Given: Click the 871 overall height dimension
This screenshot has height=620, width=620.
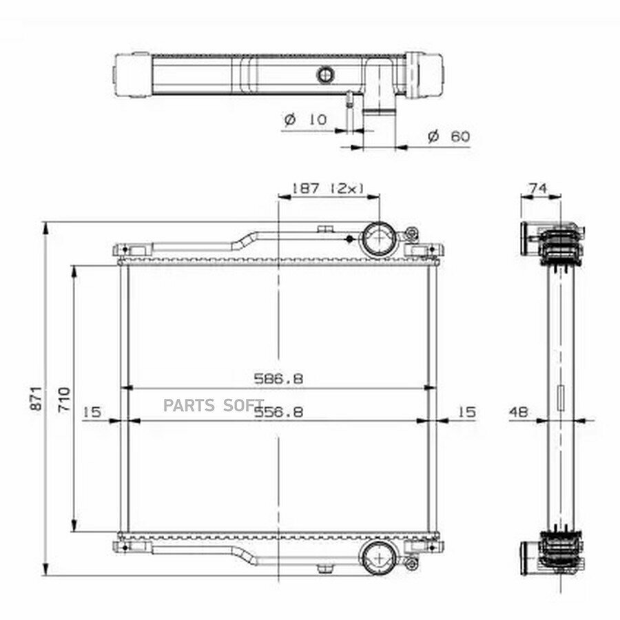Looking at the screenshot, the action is click(x=36, y=399).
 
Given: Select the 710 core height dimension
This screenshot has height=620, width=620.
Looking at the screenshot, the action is click(x=64, y=400).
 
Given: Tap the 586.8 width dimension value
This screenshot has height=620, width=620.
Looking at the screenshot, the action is click(x=278, y=379).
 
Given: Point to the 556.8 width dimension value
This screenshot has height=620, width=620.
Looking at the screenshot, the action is click(x=278, y=413).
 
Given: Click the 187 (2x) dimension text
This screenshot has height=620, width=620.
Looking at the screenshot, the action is click(x=328, y=188).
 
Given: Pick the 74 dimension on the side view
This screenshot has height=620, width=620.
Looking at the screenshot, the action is click(x=539, y=188).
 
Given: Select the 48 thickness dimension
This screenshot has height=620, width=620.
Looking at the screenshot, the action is click(x=518, y=413).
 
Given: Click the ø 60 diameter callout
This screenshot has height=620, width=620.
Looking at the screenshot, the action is click(x=449, y=136).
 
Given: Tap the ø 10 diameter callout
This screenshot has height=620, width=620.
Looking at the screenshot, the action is click(x=306, y=119).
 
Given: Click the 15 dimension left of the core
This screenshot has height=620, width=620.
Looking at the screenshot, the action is click(x=92, y=412).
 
